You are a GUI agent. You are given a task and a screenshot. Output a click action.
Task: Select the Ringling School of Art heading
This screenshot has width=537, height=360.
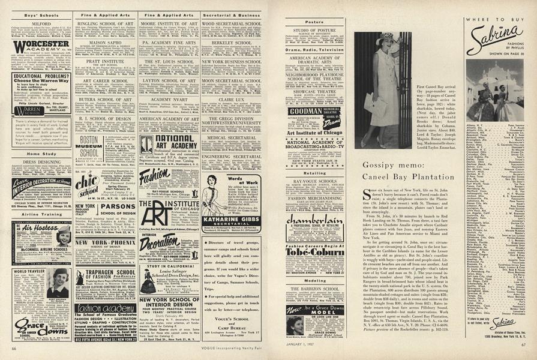[x=104, y=23]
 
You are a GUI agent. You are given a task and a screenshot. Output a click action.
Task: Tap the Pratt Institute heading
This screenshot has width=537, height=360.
[x=104, y=61]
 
